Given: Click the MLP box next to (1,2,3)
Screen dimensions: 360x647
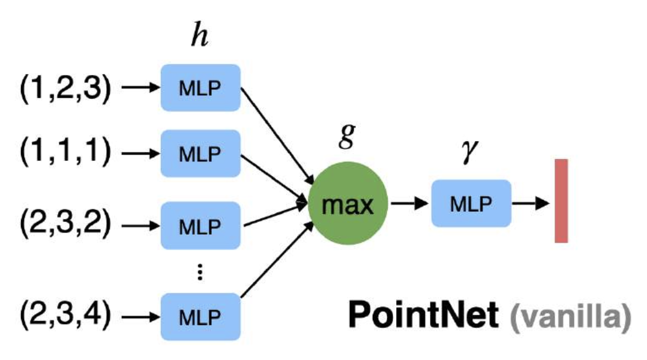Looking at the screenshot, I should pyautogui.click(x=200, y=88).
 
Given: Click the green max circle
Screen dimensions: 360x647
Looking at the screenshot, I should pyautogui.click(x=348, y=205).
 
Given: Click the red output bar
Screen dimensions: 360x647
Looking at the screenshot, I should pyautogui.click(x=561, y=200).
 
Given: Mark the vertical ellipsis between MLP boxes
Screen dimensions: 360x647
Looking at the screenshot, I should pyautogui.click(x=200, y=272).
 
